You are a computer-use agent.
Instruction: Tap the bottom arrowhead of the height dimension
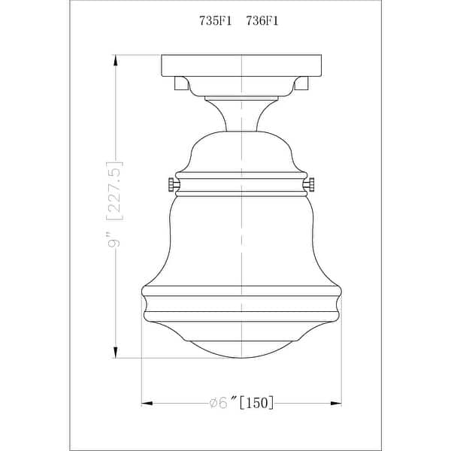(115, 352)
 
